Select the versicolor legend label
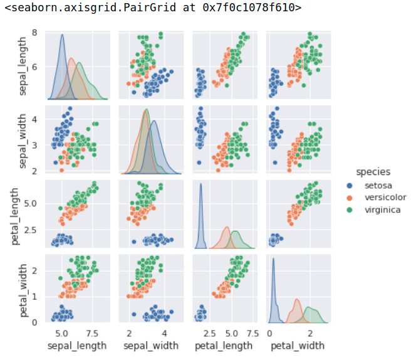(x=385, y=198)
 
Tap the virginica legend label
(x=382, y=210)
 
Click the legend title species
(x=373, y=171)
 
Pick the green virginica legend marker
(x=351, y=210)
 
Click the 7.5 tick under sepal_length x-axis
(x=92, y=333)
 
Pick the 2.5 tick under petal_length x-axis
(x=211, y=333)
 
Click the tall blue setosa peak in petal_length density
(x=200, y=184)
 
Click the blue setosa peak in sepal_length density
(x=62, y=36)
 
